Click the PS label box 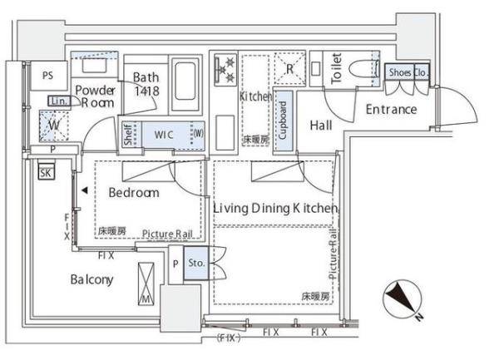(47, 75)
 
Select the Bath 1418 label (146, 84)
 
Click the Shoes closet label (400, 72)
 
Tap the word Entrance (390, 110)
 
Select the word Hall (322, 126)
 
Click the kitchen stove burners (225, 71)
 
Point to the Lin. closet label (58, 101)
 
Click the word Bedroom (133, 193)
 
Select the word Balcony (91, 279)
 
